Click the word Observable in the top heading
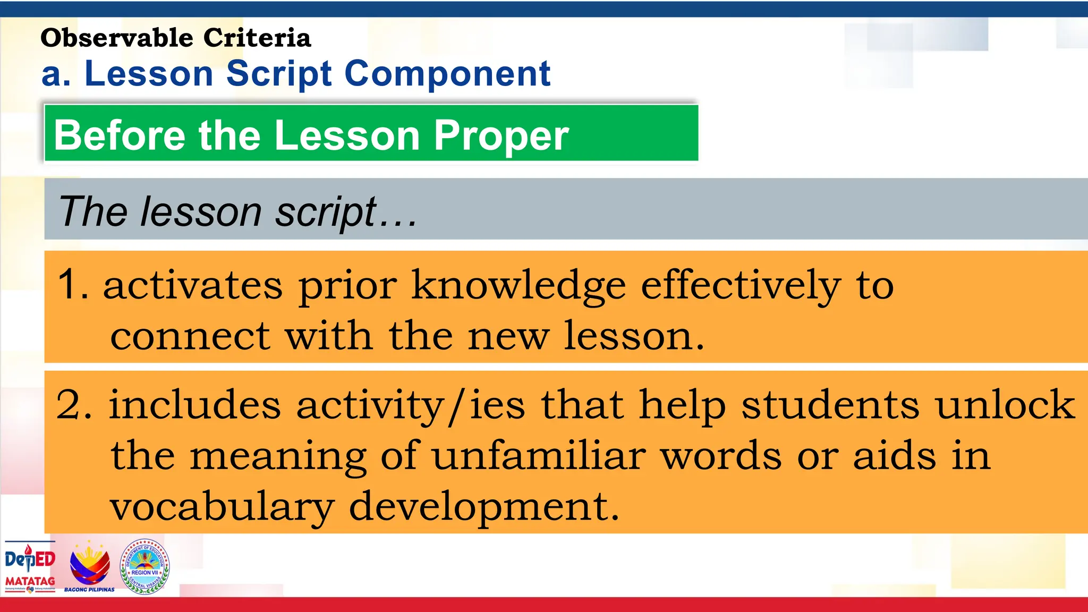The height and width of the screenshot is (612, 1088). point(116,38)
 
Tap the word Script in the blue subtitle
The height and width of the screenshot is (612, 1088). point(279,74)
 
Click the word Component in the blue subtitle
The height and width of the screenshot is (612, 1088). point(447,74)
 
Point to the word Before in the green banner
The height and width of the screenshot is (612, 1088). point(120,135)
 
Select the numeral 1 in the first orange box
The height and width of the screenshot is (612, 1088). point(69,285)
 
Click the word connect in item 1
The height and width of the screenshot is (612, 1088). point(190,337)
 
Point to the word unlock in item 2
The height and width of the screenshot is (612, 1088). point(1005,405)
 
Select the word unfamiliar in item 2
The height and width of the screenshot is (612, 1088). point(539,456)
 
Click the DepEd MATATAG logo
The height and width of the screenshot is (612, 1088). point(30,566)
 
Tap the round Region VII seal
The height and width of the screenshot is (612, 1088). point(144,566)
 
